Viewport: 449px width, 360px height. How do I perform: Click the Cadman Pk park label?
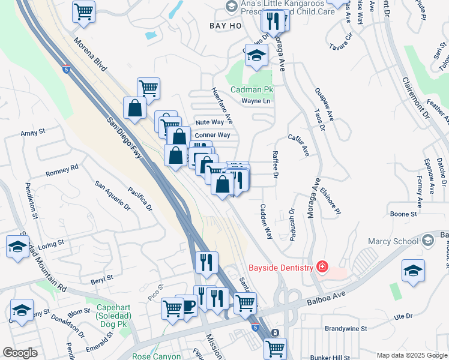point(252,89)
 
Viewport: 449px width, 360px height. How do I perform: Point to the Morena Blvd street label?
point(90,55)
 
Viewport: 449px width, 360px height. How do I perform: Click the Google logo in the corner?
point(20,352)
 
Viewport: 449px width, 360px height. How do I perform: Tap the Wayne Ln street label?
point(256,101)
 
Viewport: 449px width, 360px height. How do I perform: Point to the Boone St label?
point(403,214)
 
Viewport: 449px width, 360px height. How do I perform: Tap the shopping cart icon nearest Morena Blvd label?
point(83,10)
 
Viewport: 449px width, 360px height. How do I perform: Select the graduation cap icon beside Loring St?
point(17,246)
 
